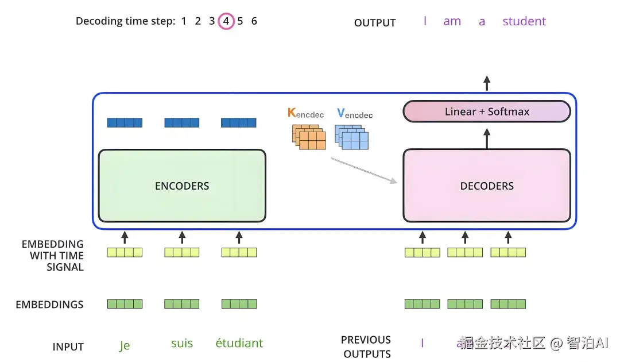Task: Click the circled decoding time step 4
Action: (x=226, y=22)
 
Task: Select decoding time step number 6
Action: (x=254, y=21)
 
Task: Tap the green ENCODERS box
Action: (x=182, y=186)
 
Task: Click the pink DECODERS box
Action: (x=487, y=186)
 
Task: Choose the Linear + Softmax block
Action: (x=487, y=111)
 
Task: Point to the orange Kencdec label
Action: (x=305, y=113)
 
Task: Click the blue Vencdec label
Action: (x=355, y=114)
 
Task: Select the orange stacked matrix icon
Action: (x=308, y=137)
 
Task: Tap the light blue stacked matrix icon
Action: (x=351, y=137)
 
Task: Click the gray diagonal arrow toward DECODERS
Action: (x=364, y=170)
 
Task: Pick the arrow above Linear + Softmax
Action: (x=487, y=83)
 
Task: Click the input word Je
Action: (x=125, y=345)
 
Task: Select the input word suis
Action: (x=182, y=344)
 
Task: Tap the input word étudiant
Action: (x=239, y=344)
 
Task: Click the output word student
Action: (x=524, y=22)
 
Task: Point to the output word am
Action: (x=452, y=22)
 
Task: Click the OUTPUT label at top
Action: (x=375, y=23)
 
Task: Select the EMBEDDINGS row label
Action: (x=49, y=305)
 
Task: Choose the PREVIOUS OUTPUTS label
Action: (x=366, y=346)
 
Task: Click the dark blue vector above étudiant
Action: (x=239, y=122)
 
